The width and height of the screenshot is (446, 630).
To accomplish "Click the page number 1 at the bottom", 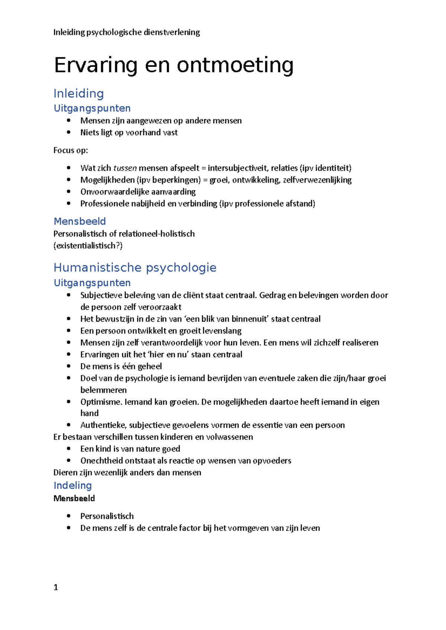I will point(56,587).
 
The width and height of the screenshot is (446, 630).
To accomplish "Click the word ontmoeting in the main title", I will point(235,65).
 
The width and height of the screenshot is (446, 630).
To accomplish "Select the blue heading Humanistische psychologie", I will point(135,268).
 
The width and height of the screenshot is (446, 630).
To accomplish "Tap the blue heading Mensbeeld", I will point(80,221).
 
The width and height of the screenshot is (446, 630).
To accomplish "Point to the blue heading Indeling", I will point(72,485).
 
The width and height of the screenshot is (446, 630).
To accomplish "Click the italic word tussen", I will point(125,168).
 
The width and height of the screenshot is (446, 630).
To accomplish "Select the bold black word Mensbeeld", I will point(74,498).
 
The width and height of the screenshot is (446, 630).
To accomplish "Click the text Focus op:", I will point(71,150).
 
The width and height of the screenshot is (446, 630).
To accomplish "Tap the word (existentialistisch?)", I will point(88,246).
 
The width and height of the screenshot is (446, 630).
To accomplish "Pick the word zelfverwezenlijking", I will point(317,180).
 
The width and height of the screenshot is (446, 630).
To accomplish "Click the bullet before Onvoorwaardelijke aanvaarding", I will point(68,192).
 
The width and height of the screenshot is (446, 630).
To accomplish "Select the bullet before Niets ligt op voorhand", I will point(68,132).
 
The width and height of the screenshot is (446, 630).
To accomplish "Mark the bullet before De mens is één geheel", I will point(68,366).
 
